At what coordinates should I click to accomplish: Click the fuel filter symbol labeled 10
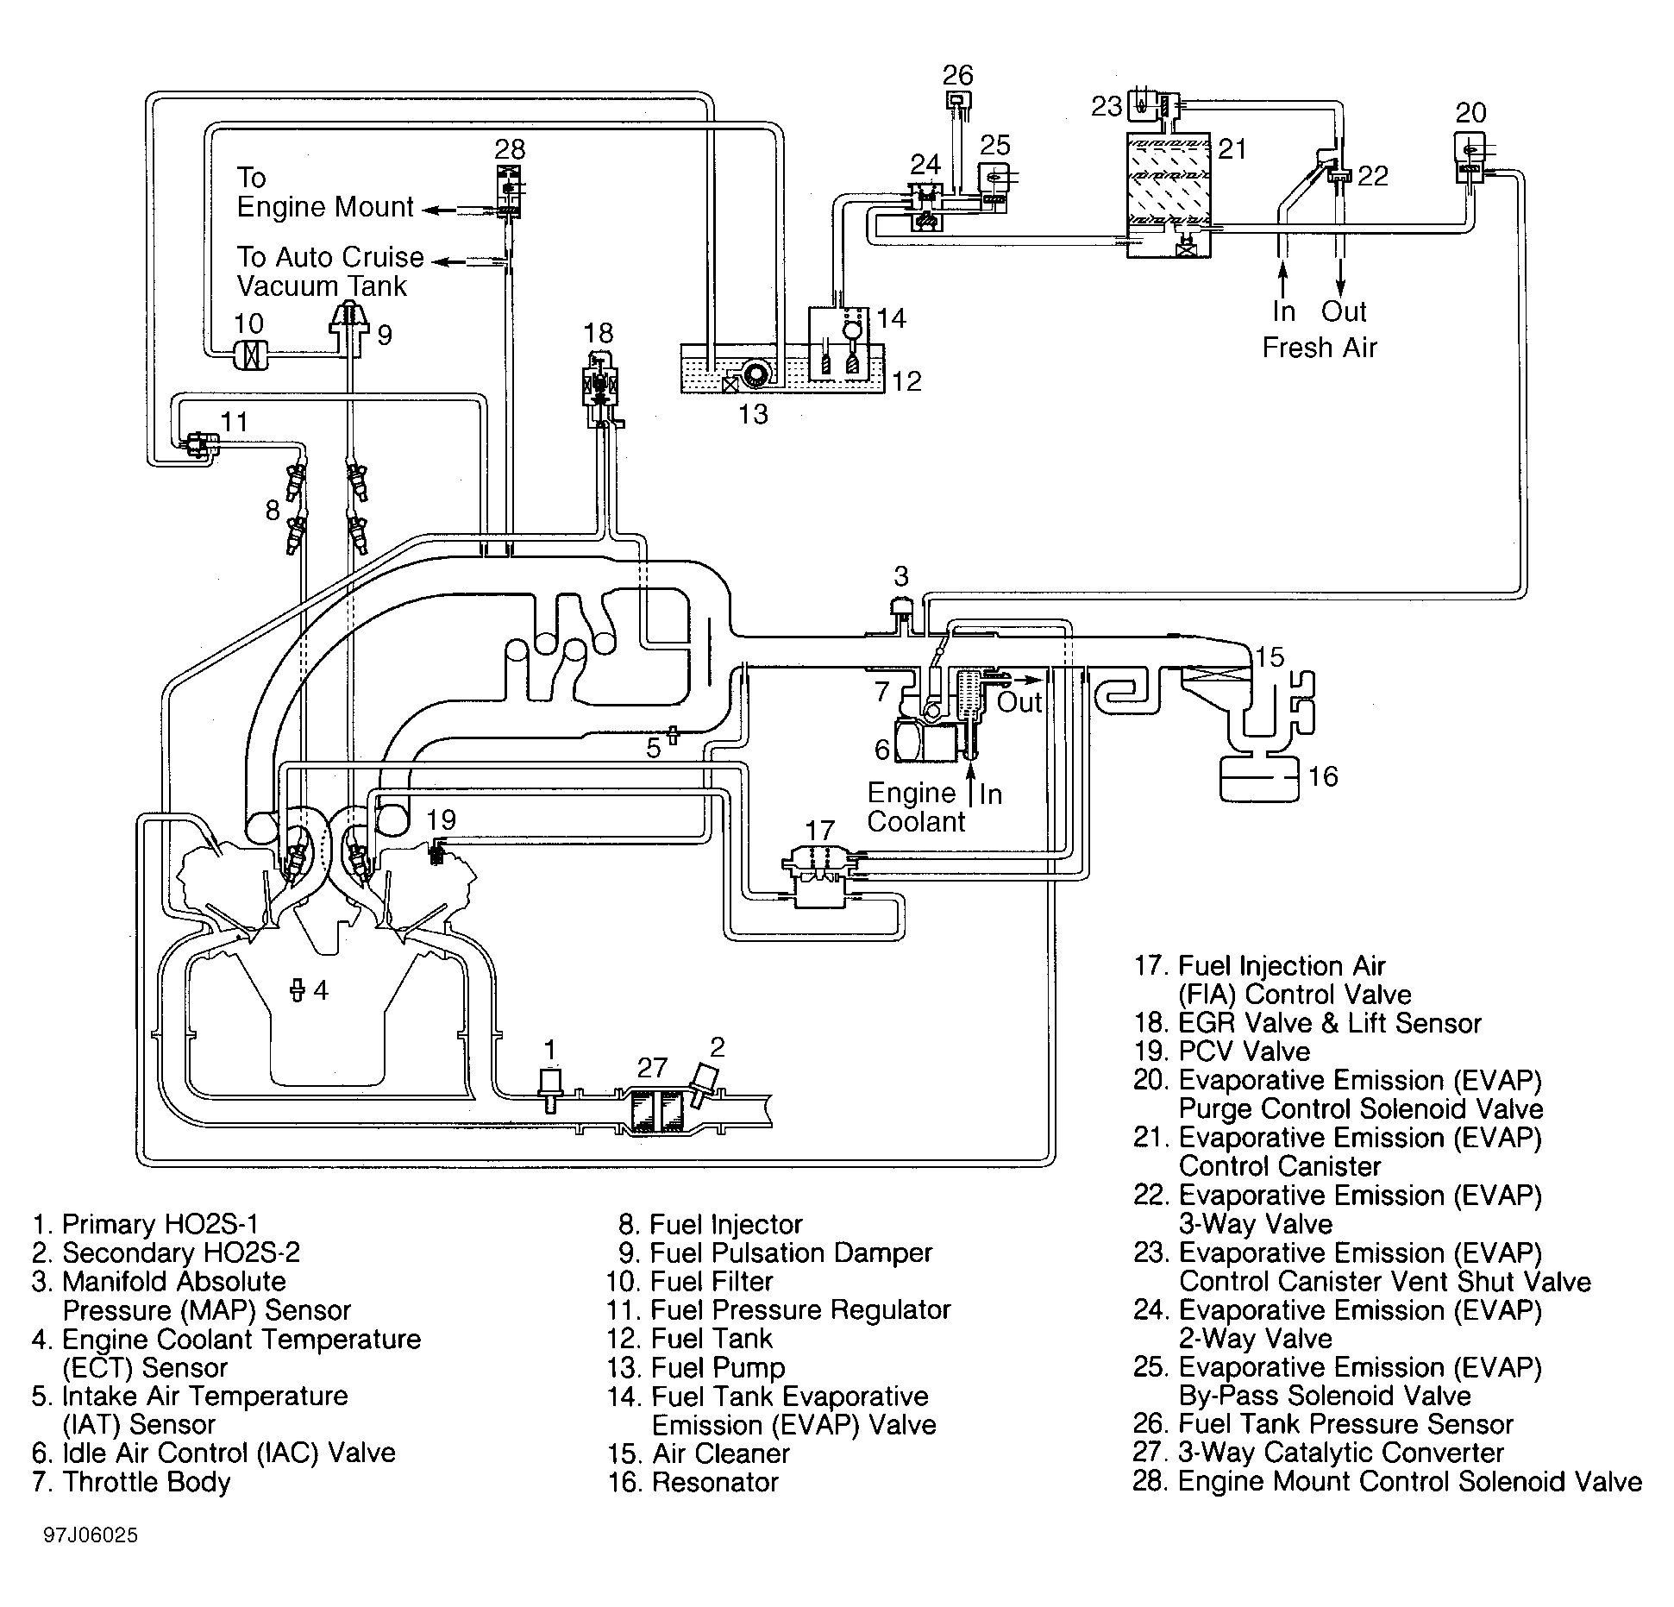click(250, 353)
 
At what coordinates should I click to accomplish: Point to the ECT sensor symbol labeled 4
click(298, 990)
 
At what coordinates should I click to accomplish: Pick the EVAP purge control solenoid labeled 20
click(1470, 158)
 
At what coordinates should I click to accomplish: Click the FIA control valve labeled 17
click(819, 875)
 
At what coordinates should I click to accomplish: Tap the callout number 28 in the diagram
click(510, 149)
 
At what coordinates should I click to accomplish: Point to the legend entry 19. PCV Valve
click(1221, 1051)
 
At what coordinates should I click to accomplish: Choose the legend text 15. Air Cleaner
click(699, 1453)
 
